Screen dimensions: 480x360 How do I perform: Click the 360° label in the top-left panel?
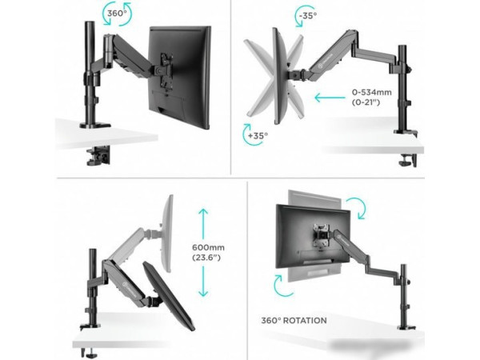click(117, 14)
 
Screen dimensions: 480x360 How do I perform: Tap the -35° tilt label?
click(308, 15)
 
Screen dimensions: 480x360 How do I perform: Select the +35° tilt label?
click(258, 135)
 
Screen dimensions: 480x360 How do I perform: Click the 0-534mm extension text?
click(372, 92)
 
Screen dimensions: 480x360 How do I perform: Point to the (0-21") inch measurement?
click(366, 102)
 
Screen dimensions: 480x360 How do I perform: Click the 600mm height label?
click(208, 247)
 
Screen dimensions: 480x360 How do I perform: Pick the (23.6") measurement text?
click(206, 258)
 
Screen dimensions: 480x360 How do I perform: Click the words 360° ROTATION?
click(294, 321)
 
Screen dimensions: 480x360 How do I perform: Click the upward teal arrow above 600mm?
click(203, 224)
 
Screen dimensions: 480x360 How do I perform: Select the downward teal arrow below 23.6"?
click(203, 282)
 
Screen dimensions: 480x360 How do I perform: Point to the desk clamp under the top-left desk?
click(98, 155)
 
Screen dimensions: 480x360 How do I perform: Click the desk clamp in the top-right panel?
click(408, 161)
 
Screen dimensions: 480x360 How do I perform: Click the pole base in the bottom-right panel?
click(407, 328)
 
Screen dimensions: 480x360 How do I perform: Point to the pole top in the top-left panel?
click(90, 23)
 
